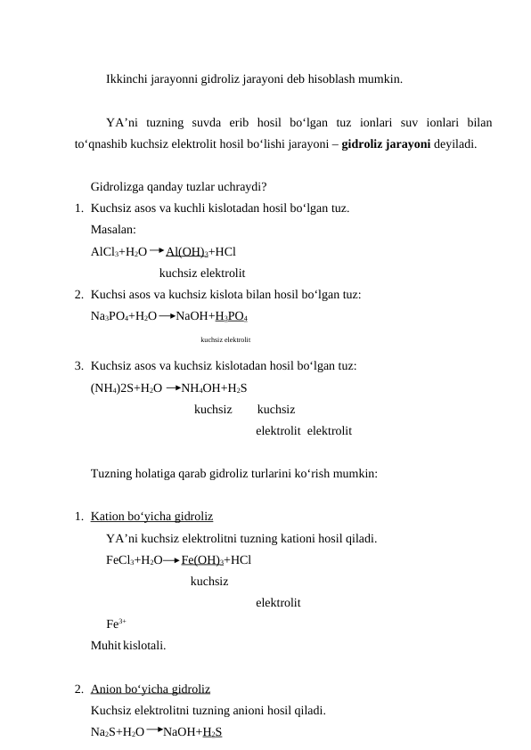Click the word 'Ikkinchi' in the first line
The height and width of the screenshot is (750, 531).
tap(127, 79)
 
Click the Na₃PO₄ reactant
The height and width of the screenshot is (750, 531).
tap(110, 316)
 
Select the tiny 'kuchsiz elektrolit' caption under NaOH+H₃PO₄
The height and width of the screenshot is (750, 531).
tap(225, 340)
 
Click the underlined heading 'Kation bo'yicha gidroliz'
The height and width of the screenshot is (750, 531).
tap(151, 516)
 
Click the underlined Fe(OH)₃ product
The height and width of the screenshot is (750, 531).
tap(201, 560)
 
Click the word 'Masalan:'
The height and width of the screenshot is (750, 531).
tap(113, 230)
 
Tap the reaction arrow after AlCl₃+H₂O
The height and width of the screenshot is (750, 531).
tap(157, 251)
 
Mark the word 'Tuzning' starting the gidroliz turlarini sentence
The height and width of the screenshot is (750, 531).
tap(113, 474)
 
